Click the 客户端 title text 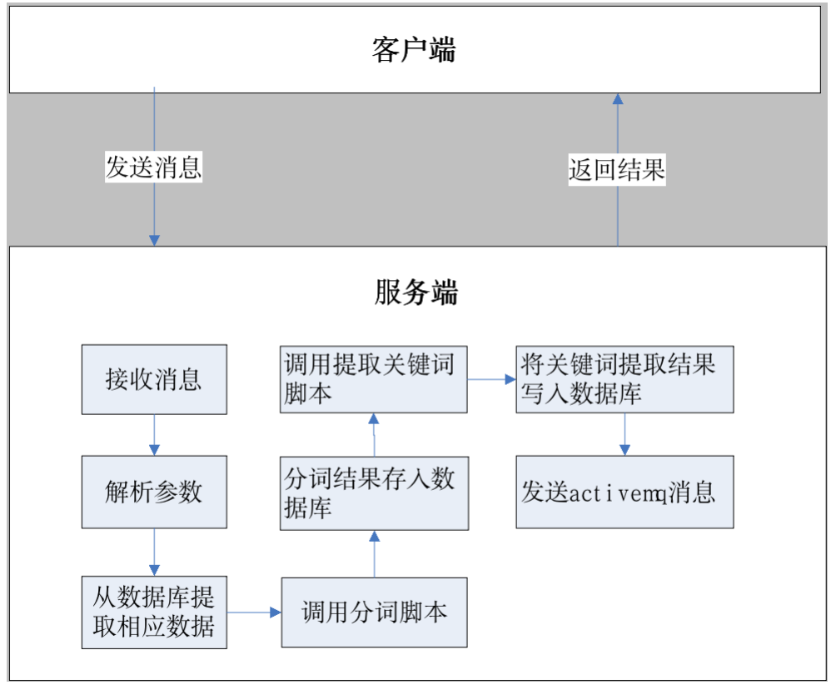pyautogui.click(x=414, y=50)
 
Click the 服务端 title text pyautogui.click(x=416, y=292)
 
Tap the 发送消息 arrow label pyautogui.click(x=153, y=167)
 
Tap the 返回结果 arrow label pyautogui.click(x=617, y=170)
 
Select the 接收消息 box pyautogui.click(x=154, y=379)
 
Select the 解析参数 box pyautogui.click(x=154, y=492)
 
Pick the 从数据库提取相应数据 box pyautogui.click(x=154, y=612)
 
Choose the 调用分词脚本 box pyautogui.click(x=374, y=612)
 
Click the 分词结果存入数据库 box pyautogui.click(x=374, y=493)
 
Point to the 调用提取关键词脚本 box pyautogui.click(x=374, y=379)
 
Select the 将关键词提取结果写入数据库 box pyautogui.click(x=625, y=379)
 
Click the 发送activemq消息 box pyautogui.click(x=625, y=492)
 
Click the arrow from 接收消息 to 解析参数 pyautogui.click(x=155, y=435)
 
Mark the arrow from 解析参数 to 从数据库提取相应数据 pyautogui.click(x=155, y=552)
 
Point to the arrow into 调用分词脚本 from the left pyautogui.click(x=254, y=612)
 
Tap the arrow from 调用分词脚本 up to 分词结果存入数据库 pyautogui.click(x=374, y=554)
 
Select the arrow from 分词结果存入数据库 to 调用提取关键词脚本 pyautogui.click(x=374, y=434)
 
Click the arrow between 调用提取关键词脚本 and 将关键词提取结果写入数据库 pyautogui.click(x=491, y=379)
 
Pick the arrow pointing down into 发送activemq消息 pyautogui.click(x=625, y=434)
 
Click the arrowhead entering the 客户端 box pyautogui.click(x=618, y=98)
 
